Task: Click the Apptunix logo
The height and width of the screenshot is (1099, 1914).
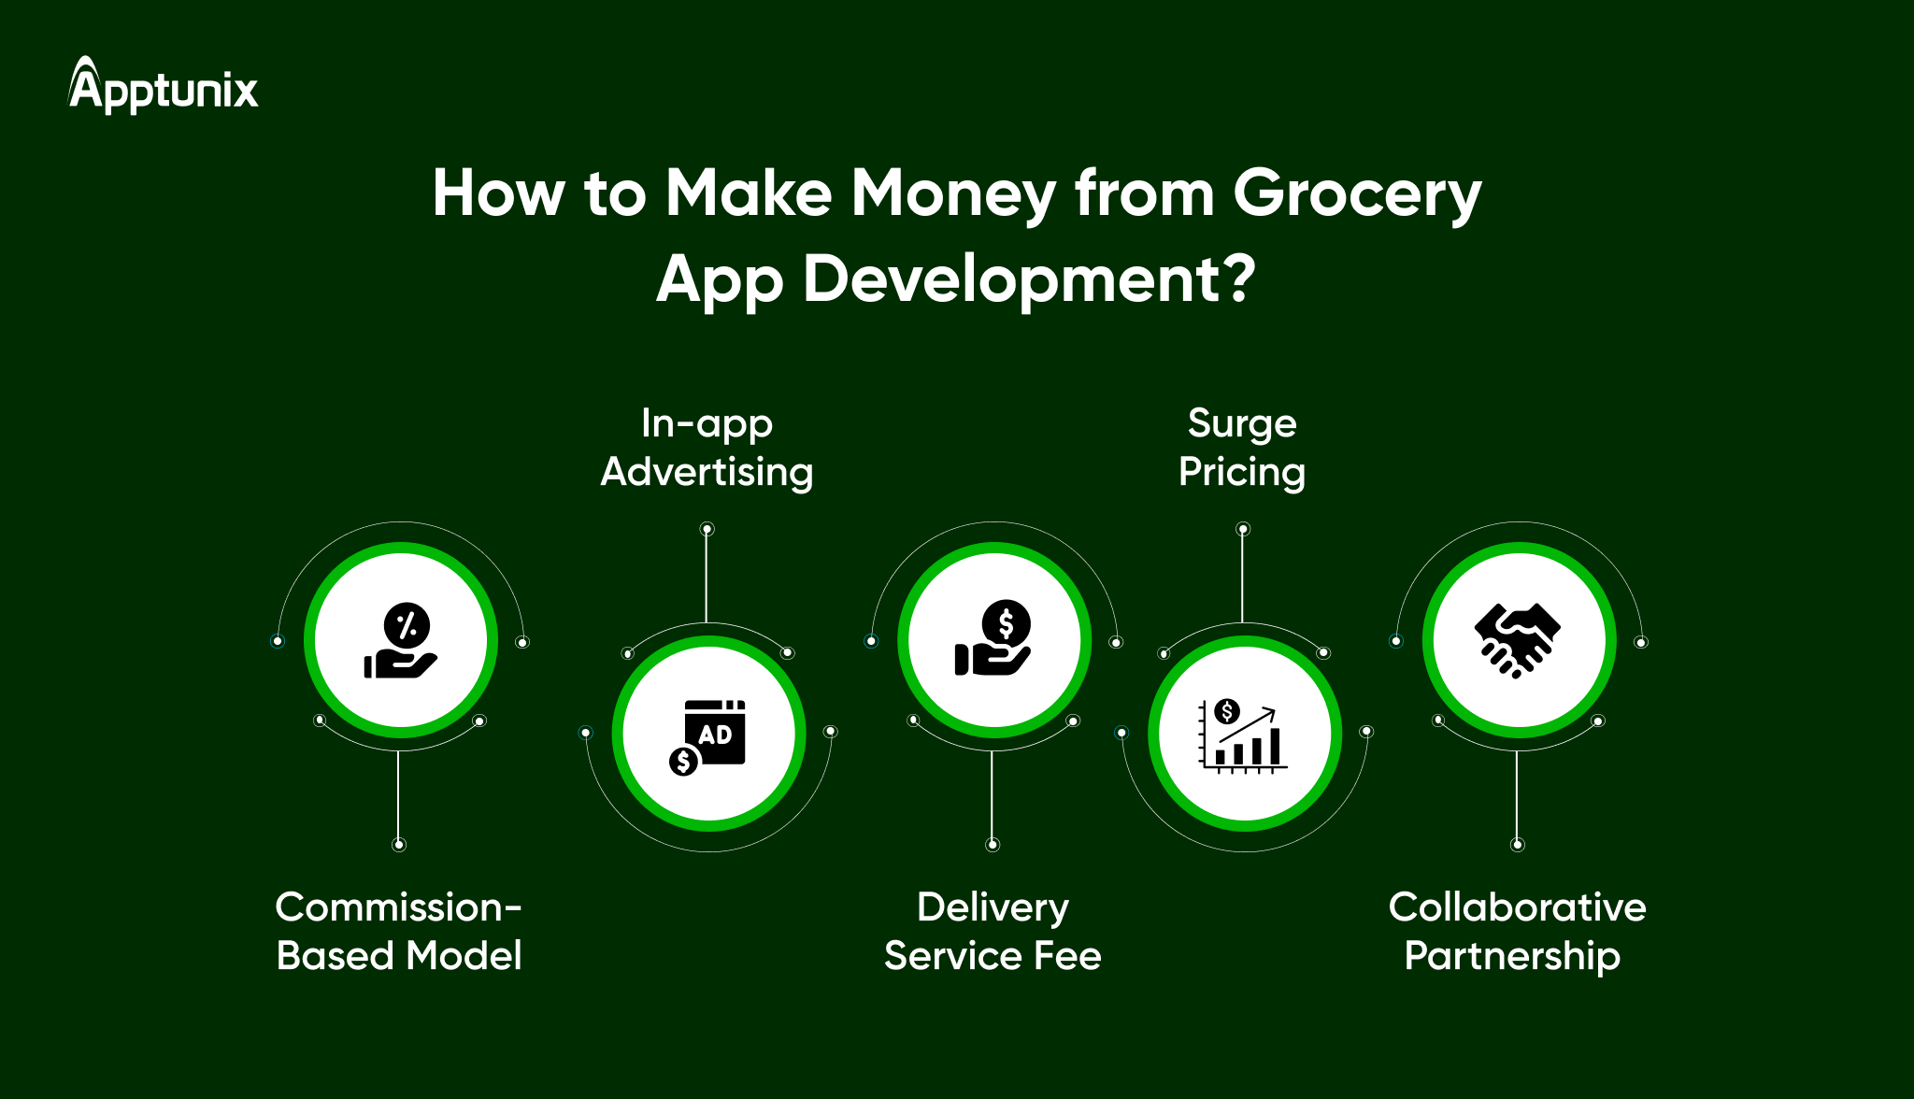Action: click(164, 87)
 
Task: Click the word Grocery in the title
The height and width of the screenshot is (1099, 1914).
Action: click(1357, 194)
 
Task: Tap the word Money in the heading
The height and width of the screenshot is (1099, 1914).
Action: click(953, 194)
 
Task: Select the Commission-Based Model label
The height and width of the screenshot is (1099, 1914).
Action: click(399, 931)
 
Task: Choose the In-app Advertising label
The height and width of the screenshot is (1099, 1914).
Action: click(707, 448)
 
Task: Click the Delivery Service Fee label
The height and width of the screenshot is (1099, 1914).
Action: click(993, 931)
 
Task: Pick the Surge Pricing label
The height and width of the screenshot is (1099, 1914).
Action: click(1242, 448)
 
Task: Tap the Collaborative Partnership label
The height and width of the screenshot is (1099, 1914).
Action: click(1517, 931)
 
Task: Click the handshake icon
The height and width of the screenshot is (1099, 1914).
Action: click(1518, 640)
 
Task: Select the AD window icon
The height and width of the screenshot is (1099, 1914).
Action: click(715, 731)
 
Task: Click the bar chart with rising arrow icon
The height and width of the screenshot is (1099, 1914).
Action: click(1243, 735)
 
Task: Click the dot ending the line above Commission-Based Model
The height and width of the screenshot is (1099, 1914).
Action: click(399, 845)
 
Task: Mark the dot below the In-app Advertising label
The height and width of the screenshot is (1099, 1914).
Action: click(707, 530)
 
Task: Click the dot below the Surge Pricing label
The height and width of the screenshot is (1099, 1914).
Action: click(1243, 530)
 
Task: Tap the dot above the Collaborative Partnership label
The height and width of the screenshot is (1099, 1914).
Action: click(1518, 845)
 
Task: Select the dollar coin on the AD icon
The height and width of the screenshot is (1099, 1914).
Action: click(683, 762)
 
